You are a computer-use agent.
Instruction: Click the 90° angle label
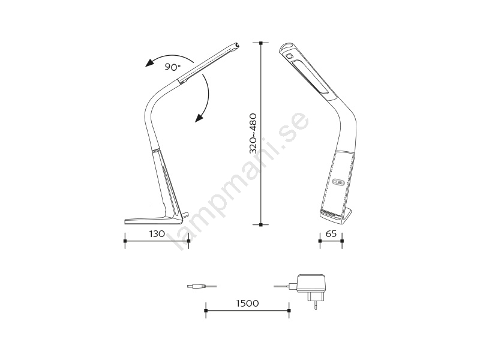coord(173,67)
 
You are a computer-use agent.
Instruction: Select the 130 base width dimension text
coord(157,234)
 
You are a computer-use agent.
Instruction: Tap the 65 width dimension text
coord(331,234)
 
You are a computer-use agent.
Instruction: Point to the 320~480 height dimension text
coord(253,133)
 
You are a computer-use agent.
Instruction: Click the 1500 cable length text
coord(247,304)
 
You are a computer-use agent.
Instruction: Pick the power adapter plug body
coord(310,283)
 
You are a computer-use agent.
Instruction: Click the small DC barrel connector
coord(196,286)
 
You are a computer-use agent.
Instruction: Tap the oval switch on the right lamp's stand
coord(339,182)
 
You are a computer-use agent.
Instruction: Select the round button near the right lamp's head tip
coord(289,56)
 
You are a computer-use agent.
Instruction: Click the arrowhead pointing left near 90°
coord(149,63)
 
